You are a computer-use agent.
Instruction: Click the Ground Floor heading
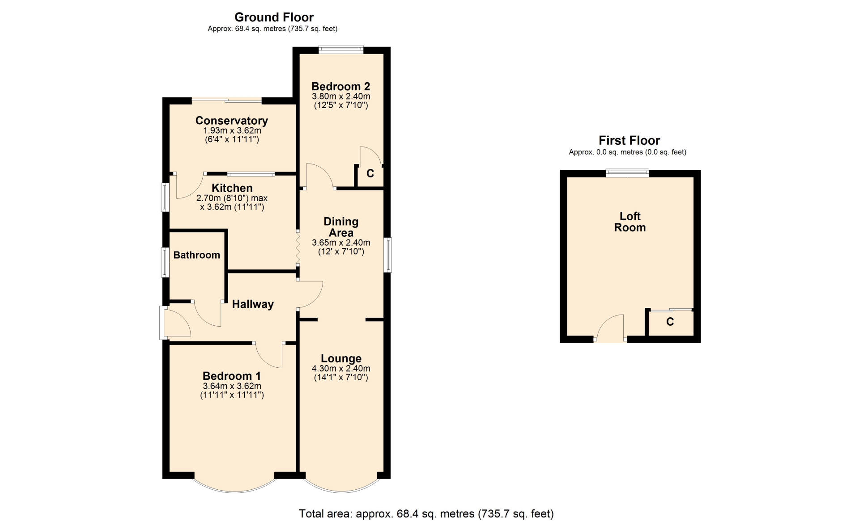click(x=274, y=17)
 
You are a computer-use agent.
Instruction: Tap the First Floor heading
click(x=629, y=141)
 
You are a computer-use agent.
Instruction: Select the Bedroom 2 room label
click(x=340, y=86)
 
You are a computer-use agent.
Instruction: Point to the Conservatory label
click(x=231, y=121)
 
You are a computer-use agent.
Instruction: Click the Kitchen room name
click(x=232, y=188)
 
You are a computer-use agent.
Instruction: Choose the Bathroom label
click(x=196, y=255)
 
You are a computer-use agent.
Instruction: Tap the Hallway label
click(x=253, y=304)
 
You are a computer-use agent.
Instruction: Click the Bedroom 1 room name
click(x=231, y=376)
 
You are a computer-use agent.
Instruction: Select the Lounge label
click(x=341, y=359)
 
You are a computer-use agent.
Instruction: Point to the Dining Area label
click(x=341, y=227)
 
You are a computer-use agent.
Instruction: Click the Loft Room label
click(x=629, y=222)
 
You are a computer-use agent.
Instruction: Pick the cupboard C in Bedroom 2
click(x=370, y=173)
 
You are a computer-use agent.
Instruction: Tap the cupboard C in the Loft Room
click(x=670, y=322)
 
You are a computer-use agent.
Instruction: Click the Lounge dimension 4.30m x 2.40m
click(x=341, y=369)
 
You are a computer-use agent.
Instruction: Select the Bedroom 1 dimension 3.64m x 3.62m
click(x=232, y=386)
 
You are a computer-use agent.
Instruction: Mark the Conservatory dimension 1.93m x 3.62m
click(x=232, y=130)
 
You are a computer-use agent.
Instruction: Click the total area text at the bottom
click(x=426, y=514)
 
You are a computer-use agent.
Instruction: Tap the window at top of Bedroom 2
click(x=341, y=50)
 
